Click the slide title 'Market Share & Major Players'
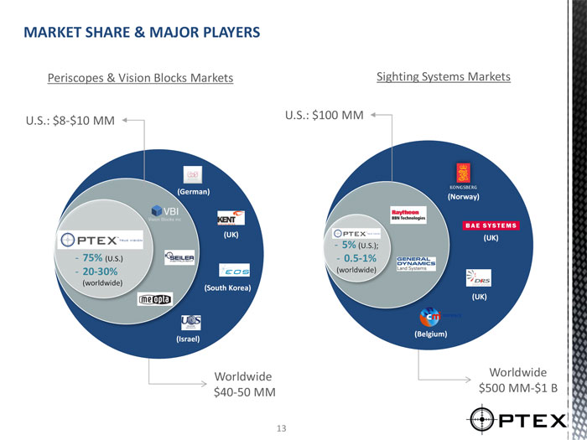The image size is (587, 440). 142,34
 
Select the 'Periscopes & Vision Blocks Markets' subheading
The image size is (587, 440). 140,78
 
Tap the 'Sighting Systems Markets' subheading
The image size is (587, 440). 444,76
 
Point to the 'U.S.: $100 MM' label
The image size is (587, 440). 324,115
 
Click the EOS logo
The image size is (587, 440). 232,269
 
